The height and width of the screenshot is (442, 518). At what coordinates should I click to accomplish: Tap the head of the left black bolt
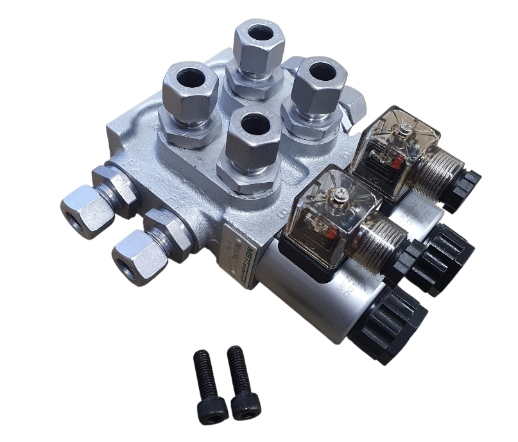tap(211, 409)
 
